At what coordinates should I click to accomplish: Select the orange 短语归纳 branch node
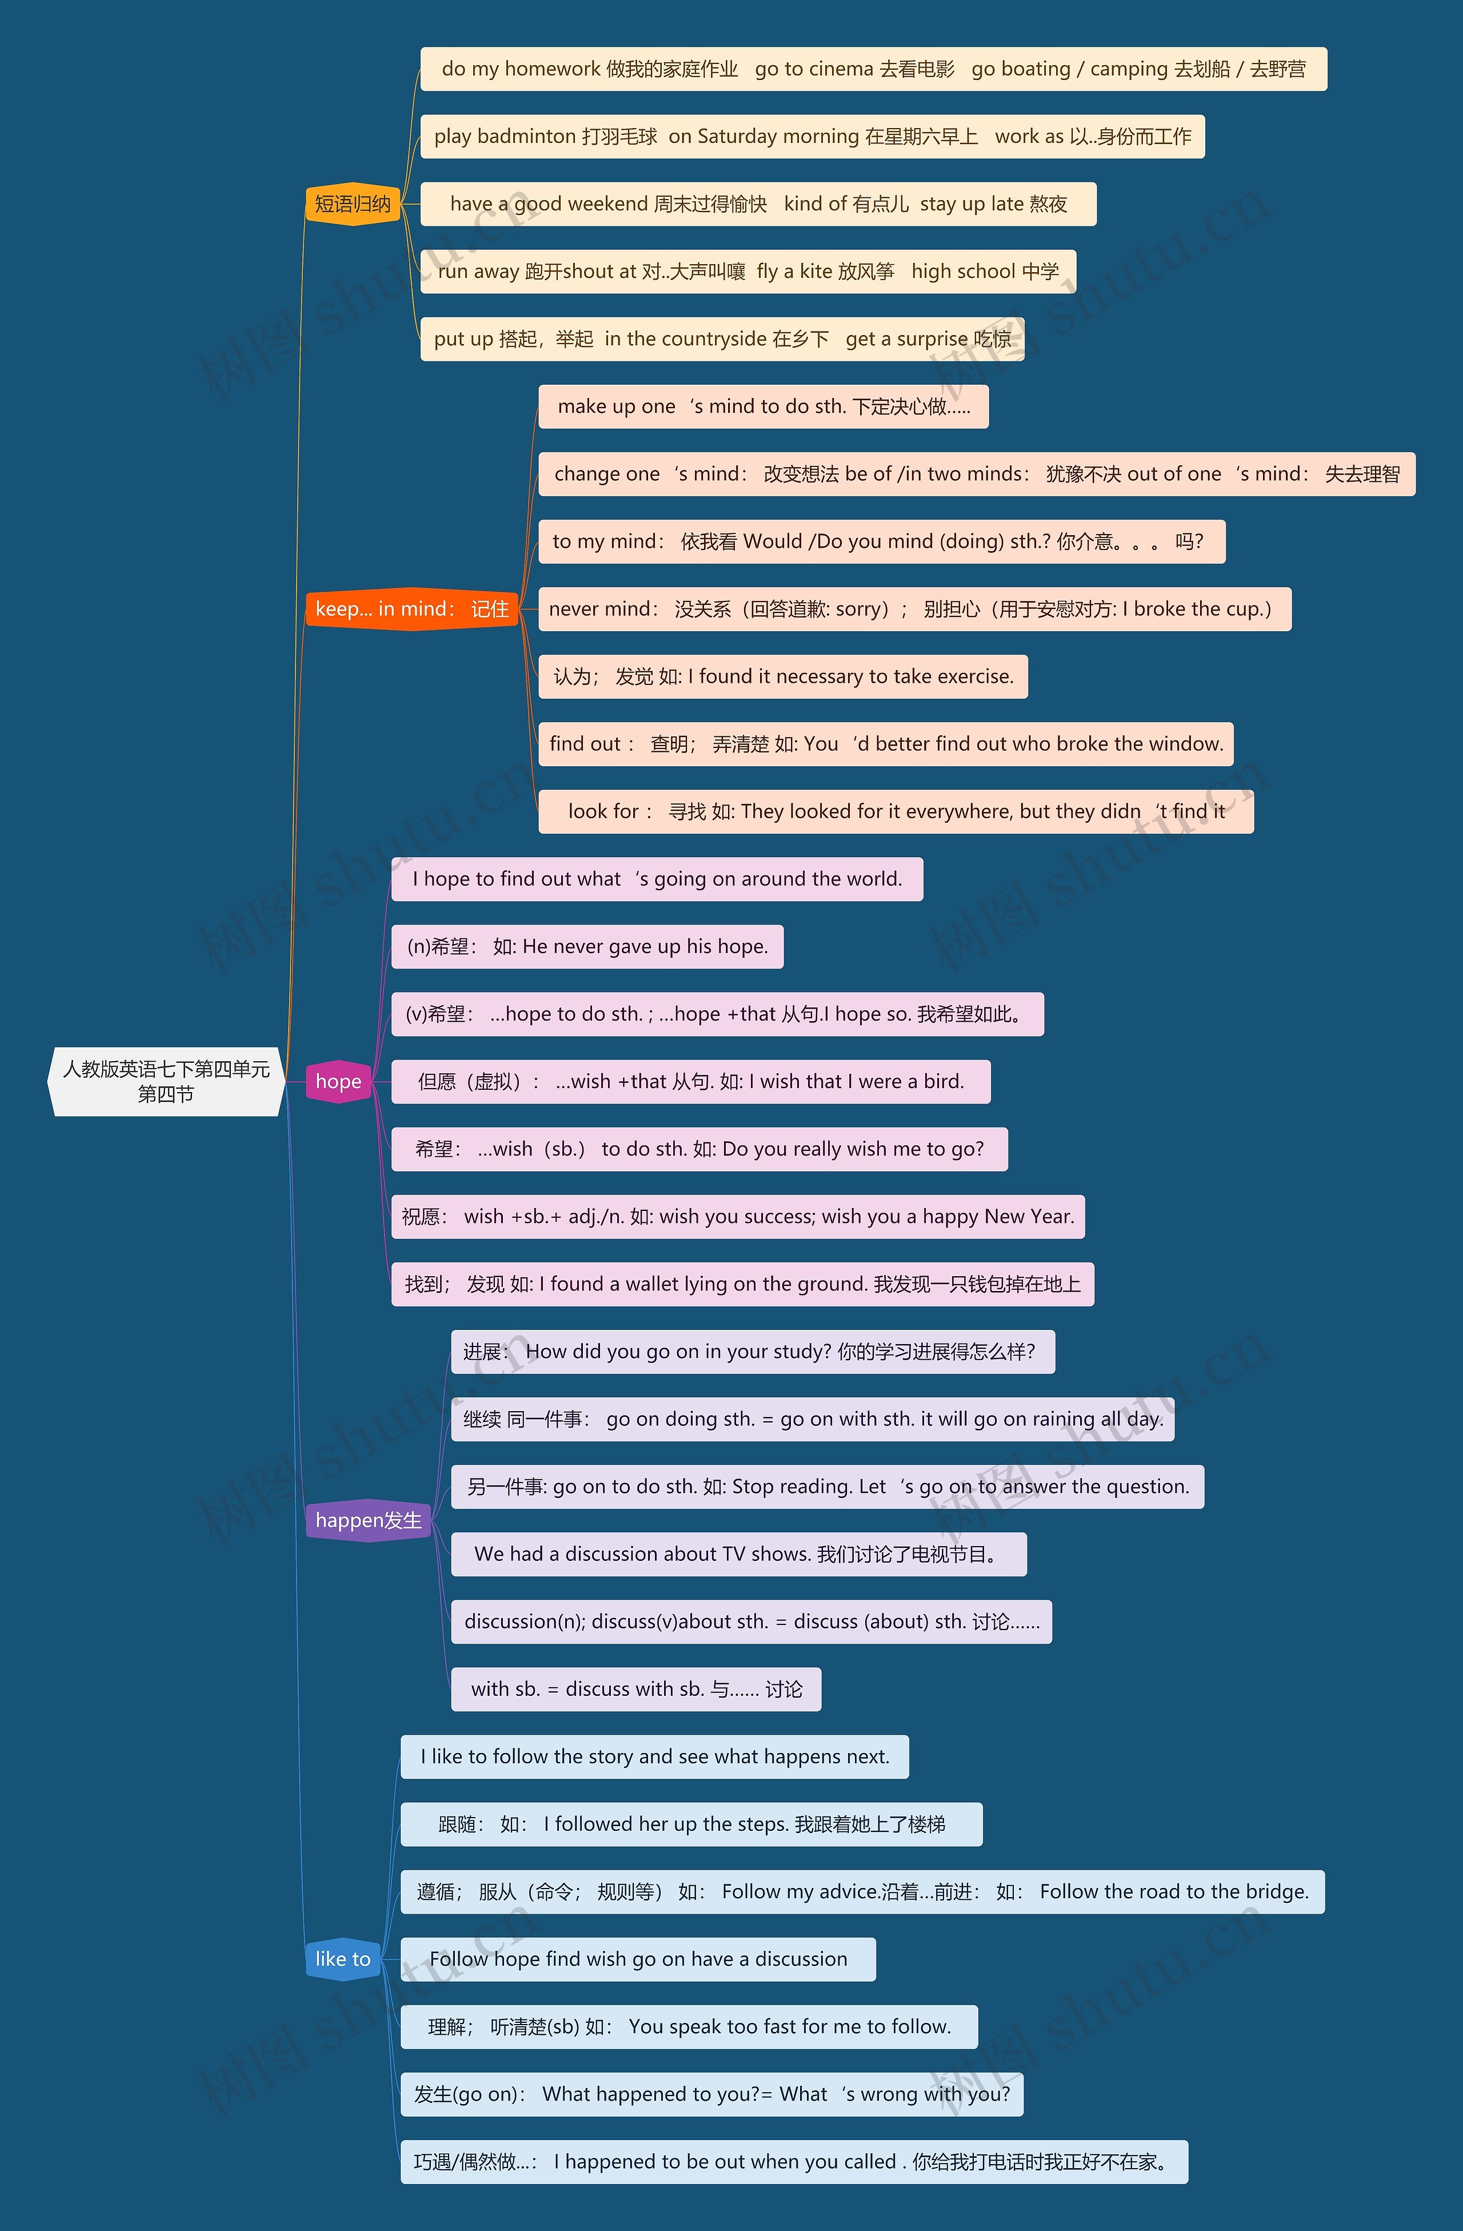353,204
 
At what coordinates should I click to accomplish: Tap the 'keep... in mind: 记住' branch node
411,609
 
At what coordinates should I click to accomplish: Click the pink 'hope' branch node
338,1082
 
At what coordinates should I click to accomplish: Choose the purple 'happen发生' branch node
369,1520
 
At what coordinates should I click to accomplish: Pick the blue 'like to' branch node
343,1959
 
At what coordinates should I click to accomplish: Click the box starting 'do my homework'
873,69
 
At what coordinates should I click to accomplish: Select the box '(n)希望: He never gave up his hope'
587,947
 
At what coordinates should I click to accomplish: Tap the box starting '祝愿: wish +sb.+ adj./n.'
738,1217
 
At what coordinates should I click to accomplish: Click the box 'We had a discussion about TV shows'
738,1554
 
